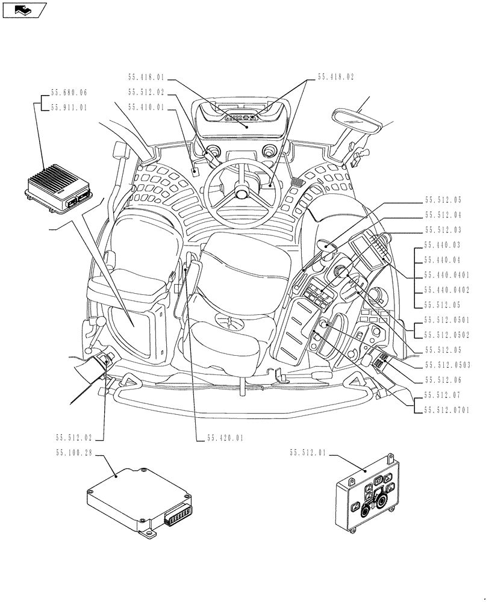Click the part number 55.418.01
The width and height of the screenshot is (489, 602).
[x=146, y=78]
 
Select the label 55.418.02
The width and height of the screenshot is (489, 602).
[x=336, y=78]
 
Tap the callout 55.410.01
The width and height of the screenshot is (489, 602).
[x=146, y=107]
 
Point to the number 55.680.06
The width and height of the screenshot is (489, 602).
[x=69, y=93]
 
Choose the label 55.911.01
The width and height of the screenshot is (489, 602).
[x=69, y=108]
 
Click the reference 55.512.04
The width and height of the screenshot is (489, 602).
[x=443, y=215]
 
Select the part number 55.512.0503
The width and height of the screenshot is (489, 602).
[x=447, y=365]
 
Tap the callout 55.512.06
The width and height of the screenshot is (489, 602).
[x=443, y=380]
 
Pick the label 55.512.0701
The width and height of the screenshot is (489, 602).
[x=447, y=411]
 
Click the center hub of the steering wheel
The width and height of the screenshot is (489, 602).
[x=242, y=194]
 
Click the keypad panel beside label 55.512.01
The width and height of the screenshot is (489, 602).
[x=369, y=497]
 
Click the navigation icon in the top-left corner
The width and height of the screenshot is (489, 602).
[x=24, y=10]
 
